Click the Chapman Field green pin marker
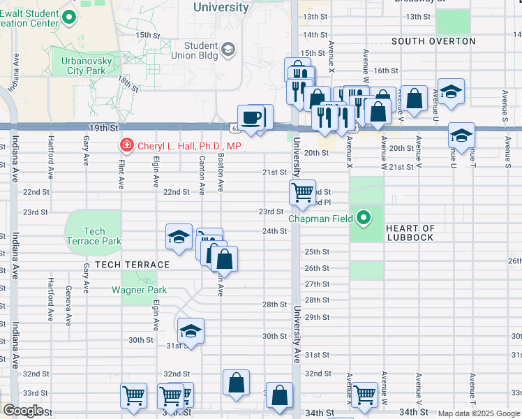[363, 219]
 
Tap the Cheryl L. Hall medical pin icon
[127, 146]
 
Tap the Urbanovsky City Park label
[82, 66]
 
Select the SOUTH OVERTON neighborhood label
[433, 41]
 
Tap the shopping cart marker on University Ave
[302, 193]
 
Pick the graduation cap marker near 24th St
[179, 237]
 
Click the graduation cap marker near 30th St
[190, 332]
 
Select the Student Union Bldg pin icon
[228, 50]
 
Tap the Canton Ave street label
[202, 178]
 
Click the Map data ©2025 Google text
[479, 414]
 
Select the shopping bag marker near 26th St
[224, 260]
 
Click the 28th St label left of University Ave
[274, 304]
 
